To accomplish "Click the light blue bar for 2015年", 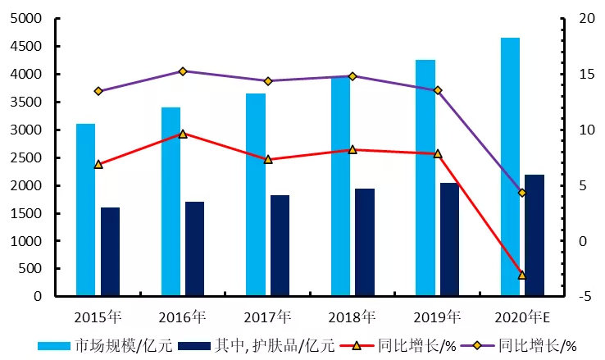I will pyautogui.click(x=86, y=209).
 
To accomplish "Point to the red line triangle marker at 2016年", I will pyautogui.click(x=183, y=134).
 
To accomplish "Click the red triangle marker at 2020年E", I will pyautogui.click(x=522, y=275).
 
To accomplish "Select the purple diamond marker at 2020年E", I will pyautogui.click(x=522, y=193).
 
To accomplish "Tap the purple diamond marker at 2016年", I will pyautogui.click(x=183, y=71).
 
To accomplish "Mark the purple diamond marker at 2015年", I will pyautogui.click(x=98, y=91).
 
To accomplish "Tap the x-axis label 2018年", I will pyautogui.click(x=353, y=317).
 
